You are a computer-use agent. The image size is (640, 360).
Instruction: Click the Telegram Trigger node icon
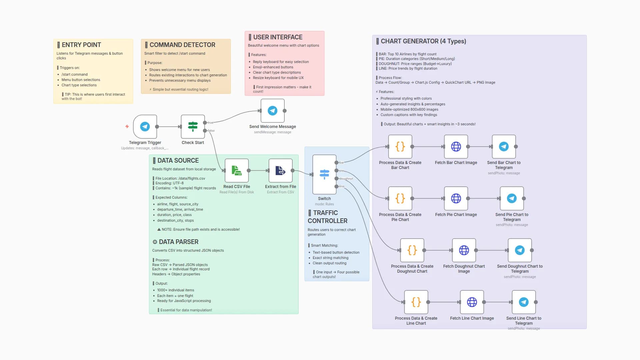click(x=145, y=127)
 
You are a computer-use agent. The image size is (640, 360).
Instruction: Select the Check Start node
click(x=193, y=127)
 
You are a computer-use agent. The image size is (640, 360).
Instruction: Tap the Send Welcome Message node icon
click(x=272, y=111)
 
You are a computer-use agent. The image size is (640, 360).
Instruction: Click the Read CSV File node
click(x=237, y=171)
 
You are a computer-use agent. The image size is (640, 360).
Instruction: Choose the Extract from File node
click(x=280, y=171)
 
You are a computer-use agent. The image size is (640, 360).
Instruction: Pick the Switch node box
click(x=324, y=174)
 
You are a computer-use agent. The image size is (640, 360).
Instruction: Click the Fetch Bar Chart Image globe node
click(x=456, y=147)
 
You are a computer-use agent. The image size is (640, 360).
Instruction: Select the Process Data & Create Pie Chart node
click(x=400, y=198)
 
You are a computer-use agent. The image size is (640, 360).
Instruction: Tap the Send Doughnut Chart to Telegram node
click(x=519, y=250)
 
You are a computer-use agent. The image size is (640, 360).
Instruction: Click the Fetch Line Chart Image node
click(x=472, y=302)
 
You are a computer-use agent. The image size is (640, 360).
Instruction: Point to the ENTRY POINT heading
click(x=81, y=45)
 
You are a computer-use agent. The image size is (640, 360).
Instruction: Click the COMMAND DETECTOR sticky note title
click(x=182, y=45)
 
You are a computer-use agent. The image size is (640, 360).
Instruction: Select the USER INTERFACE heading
click(x=278, y=37)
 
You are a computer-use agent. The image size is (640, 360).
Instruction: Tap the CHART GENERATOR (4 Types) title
click(x=423, y=41)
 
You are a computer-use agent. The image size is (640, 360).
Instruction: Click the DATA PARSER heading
click(x=178, y=242)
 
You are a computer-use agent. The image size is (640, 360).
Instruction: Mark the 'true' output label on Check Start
click(x=211, y=123)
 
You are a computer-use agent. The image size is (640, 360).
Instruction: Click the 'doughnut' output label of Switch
click(x=346, y=179)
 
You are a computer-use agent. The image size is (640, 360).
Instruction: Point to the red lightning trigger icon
click(x=127, y=126)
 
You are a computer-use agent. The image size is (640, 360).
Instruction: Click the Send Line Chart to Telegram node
click(x=523, y=302)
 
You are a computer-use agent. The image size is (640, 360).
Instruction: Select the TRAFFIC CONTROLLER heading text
click(x=327, y=217)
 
